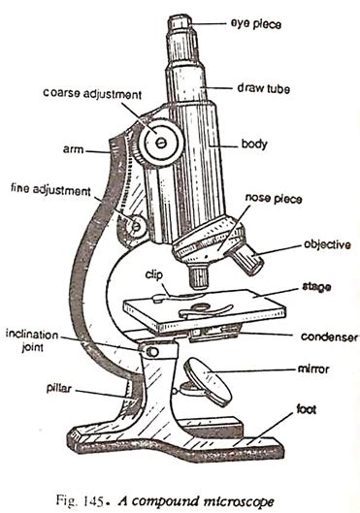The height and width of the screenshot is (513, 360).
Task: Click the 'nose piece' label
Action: point(276,199)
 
